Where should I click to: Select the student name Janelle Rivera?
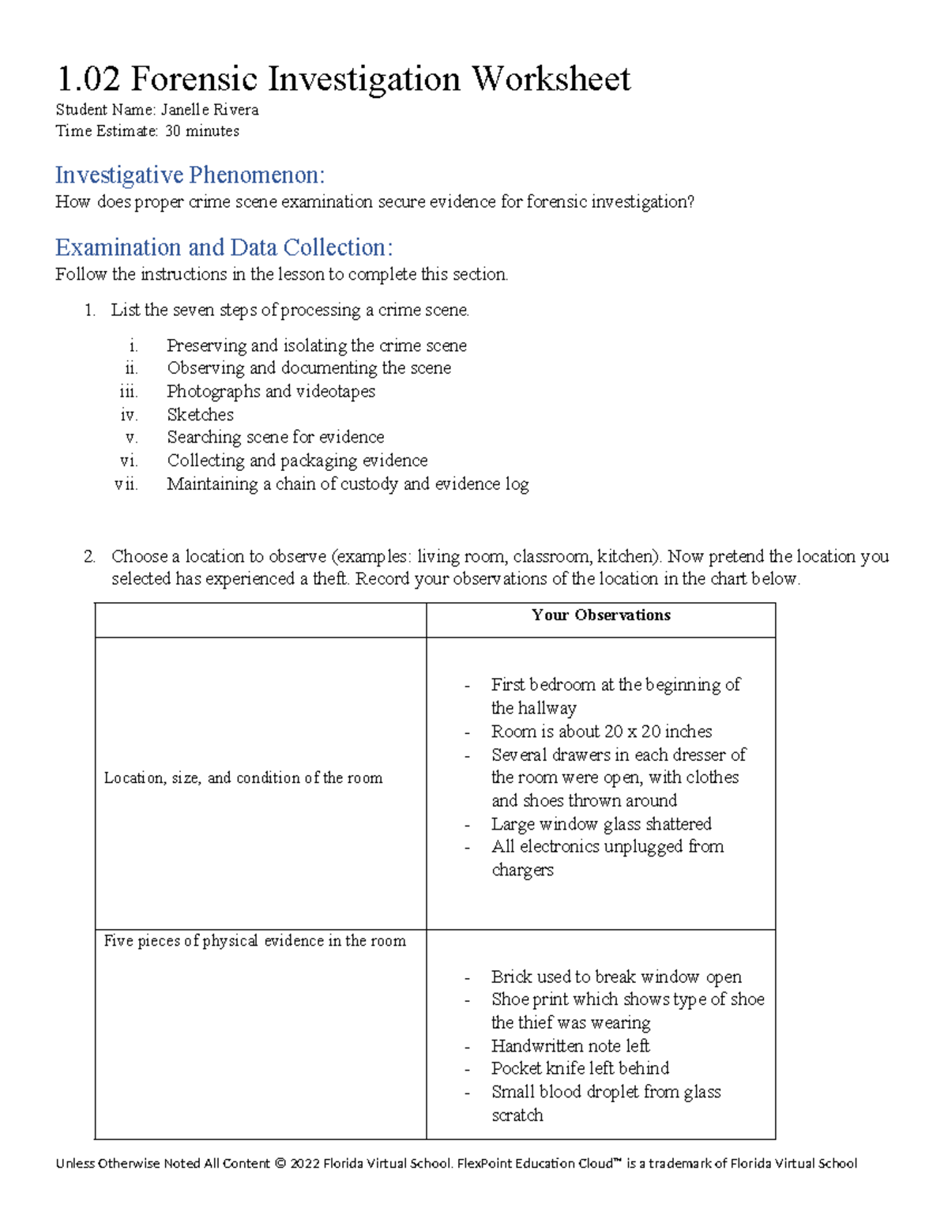[x=209, y=110]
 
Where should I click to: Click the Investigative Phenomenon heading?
[x=190, y=175]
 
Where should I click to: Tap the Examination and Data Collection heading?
[x=224, y=247]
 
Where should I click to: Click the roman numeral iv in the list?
[x=129, y=415]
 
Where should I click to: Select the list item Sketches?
[x=200, y=415]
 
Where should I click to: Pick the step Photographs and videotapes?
[x=270, y=391]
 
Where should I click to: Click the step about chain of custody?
[x=348, y=484]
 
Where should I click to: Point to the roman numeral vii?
[x=126, y=484]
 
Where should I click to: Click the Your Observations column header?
[x=600, y=615]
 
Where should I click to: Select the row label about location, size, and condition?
[x=243, y=778]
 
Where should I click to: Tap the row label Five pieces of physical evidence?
[x=254, y=941]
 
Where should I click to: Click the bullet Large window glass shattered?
[x=600, y=824]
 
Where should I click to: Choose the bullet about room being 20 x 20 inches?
[x=600, y=732]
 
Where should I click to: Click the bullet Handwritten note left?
[x=570, y=1046]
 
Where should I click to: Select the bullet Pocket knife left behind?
[x=580, y=1068]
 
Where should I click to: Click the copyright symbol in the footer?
[x=280, y=1164]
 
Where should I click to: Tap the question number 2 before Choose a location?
[x=89, y=556]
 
